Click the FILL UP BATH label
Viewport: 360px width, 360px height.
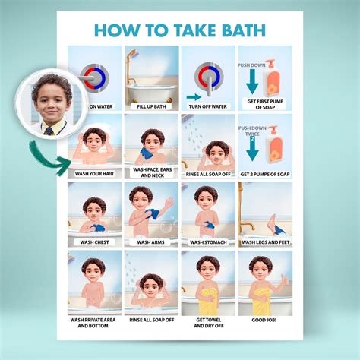coord(151,106)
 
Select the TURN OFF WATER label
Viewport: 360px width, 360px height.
coord(208,106)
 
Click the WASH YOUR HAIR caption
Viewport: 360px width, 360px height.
coord(94,174)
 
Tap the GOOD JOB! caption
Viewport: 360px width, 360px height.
coord(264,320)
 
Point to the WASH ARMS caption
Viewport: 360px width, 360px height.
coord(150,242)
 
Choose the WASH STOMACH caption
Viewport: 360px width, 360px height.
coord(208,242)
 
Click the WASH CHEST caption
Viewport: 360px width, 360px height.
coord(94,242)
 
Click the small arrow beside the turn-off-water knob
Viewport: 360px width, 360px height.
coord(194,97)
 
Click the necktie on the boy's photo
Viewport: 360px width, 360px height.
coord(49,131)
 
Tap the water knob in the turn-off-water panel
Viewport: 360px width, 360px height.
coord(209,79)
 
